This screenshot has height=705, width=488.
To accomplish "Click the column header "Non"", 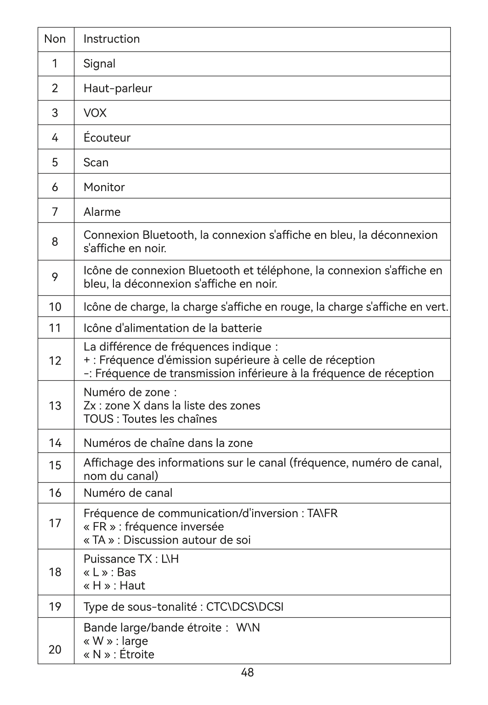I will point(55,39).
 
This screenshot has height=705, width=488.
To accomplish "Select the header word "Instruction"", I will point(112,39).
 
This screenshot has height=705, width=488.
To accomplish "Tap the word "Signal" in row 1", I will point(99,64).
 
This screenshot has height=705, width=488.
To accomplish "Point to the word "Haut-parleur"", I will point(118,89).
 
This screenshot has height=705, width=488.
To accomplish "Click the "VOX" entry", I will point(95,113).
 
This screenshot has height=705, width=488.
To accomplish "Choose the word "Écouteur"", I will point(107,138).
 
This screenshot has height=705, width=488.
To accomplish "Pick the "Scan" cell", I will point(96,163).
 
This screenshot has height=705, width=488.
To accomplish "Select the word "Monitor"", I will point(104,187).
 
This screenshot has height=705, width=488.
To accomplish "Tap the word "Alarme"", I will point(102,212).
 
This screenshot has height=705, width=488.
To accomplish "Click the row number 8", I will point(55,242).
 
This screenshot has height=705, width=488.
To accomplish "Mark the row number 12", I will point(55,361).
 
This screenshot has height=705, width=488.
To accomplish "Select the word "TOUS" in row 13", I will point(98,419).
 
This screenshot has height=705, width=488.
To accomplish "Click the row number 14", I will point(55,443).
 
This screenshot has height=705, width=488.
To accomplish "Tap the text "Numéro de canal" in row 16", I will point(128,493).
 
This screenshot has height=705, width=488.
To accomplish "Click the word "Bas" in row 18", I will point(126,572).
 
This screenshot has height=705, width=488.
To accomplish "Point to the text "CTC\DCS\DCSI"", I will point(244,607).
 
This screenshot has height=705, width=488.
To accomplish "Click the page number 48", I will point(247,673).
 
